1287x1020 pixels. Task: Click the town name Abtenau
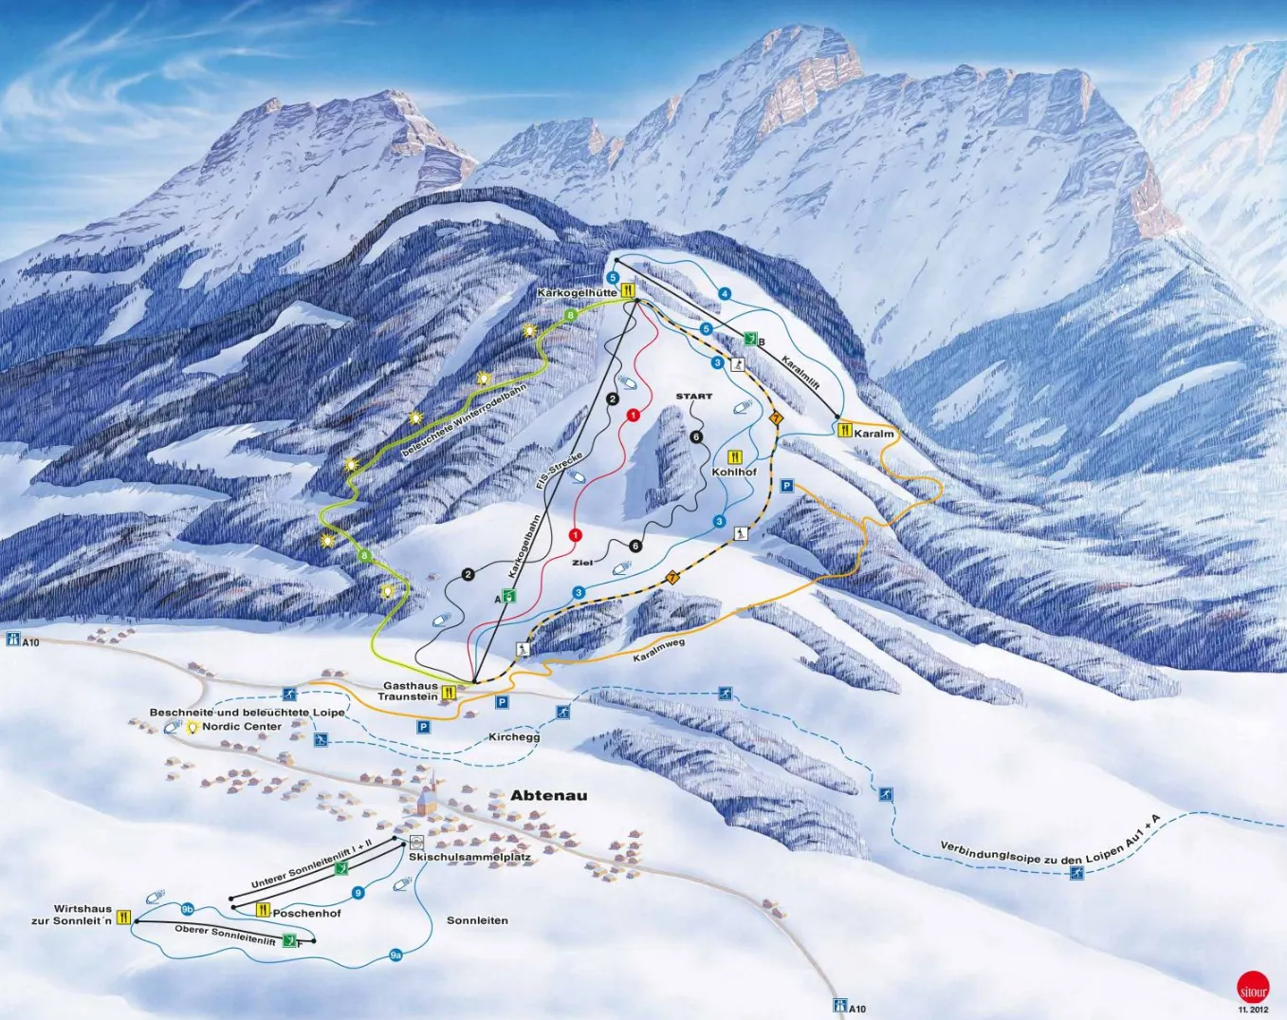(548, 795)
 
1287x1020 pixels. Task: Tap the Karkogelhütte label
(577, 293)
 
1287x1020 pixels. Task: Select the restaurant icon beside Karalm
(845, 429)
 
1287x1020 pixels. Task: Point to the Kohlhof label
(734, 472)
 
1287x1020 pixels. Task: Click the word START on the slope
(693, 397)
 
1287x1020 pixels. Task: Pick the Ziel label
(582, 563)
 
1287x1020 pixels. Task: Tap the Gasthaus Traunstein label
(409, 691)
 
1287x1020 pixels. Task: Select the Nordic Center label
(242, 727)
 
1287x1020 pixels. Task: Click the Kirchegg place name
(514, 737)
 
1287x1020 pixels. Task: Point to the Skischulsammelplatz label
(470, 857)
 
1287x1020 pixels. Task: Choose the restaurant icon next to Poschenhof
(263, 910)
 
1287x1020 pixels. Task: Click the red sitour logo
(1252, 987)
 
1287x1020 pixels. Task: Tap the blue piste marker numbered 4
(725, 294)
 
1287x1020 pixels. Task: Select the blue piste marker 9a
(395, 955)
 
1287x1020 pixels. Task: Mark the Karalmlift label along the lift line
(800, 372)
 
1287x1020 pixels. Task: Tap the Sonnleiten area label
(477, 920)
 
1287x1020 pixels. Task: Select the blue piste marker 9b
(187, 908)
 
